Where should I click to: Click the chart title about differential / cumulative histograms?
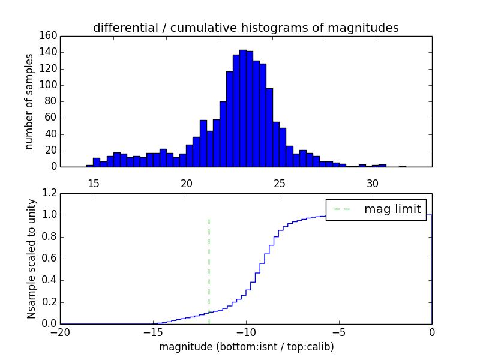point(245,28)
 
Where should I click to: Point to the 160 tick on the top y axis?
point(50,36)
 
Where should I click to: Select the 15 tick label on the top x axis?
point(94,183)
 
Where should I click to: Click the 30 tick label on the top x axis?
point(373,183)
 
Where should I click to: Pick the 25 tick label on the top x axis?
point(280,183)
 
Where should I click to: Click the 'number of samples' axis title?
point(29,101)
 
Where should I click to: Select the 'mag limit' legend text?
point(392,209)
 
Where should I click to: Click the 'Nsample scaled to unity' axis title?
point(32,259)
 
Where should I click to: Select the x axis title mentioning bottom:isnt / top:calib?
point(246,347)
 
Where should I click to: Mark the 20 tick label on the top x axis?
point(187,183)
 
